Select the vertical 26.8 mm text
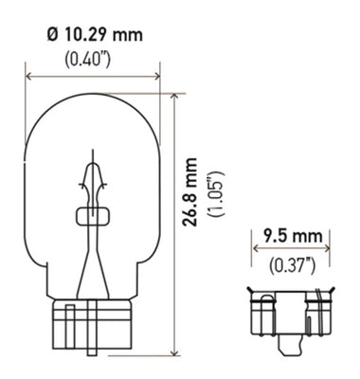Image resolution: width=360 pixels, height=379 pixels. pos(195,203)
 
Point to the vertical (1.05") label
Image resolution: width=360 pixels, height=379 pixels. pos(217,203)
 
